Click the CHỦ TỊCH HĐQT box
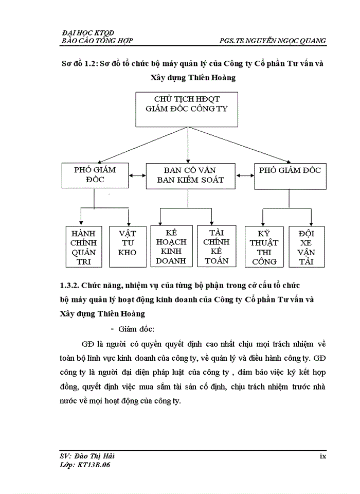[x=187, y=109]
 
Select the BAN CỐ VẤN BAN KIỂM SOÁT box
[x=190, y=176]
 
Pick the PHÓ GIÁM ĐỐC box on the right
[x=290, y=176]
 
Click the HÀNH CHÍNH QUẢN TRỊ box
[x=84, y=246]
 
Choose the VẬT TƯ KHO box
[x=127, y=246]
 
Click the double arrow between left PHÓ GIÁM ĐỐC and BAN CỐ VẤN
[x=137, y=175]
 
